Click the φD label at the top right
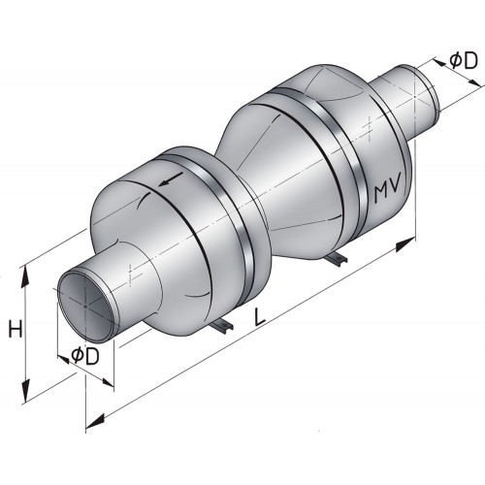coord(463,60)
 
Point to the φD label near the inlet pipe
coord(85,356)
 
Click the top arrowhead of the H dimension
coord(26,274)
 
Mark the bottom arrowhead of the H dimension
coord(26,383)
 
